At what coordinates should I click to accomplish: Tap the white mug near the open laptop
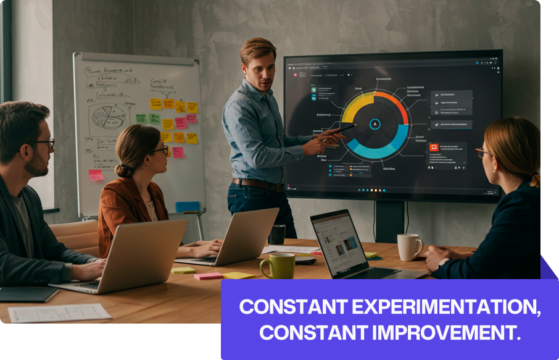(x=408, y=247)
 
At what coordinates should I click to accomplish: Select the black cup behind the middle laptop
(x=277, y=234)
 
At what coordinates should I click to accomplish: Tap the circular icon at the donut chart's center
(x=373, y=125)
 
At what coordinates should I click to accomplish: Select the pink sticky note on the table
(x=208, y=276)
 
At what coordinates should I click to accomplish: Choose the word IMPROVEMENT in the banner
(x=445, y=333)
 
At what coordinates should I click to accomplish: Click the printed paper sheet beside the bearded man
(x=59, y=313)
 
